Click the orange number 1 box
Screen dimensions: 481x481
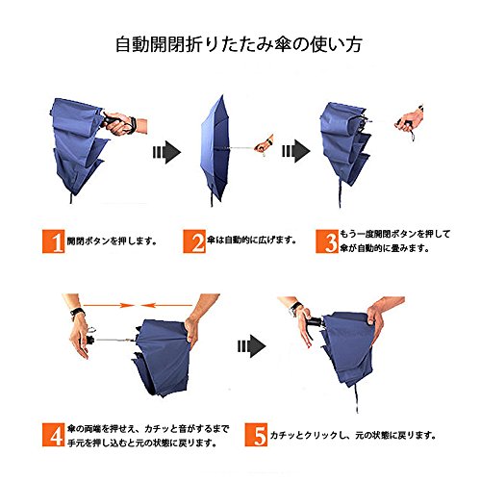(53, 241)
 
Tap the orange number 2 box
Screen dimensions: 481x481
(194, 241)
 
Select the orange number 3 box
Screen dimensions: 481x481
(327, 241)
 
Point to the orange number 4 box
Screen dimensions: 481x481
(53, 435)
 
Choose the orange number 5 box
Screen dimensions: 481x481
(256, 435)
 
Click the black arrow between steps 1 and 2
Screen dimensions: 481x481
(166, 152)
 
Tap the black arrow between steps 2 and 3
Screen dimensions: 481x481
(295, 151)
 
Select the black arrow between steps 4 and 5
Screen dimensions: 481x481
(252, 346)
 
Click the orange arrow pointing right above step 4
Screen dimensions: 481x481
(108, 306)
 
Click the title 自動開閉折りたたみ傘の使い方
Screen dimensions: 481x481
(239, 44)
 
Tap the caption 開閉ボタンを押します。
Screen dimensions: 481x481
(112, 240)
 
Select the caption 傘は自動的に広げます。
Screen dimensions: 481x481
(251, 240)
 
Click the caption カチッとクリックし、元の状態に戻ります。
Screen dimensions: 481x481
(353, 435)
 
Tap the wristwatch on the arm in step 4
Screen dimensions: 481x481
(77, 313)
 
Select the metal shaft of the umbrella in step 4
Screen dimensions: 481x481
(114, 340)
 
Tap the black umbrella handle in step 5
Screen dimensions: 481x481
(316, 322)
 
